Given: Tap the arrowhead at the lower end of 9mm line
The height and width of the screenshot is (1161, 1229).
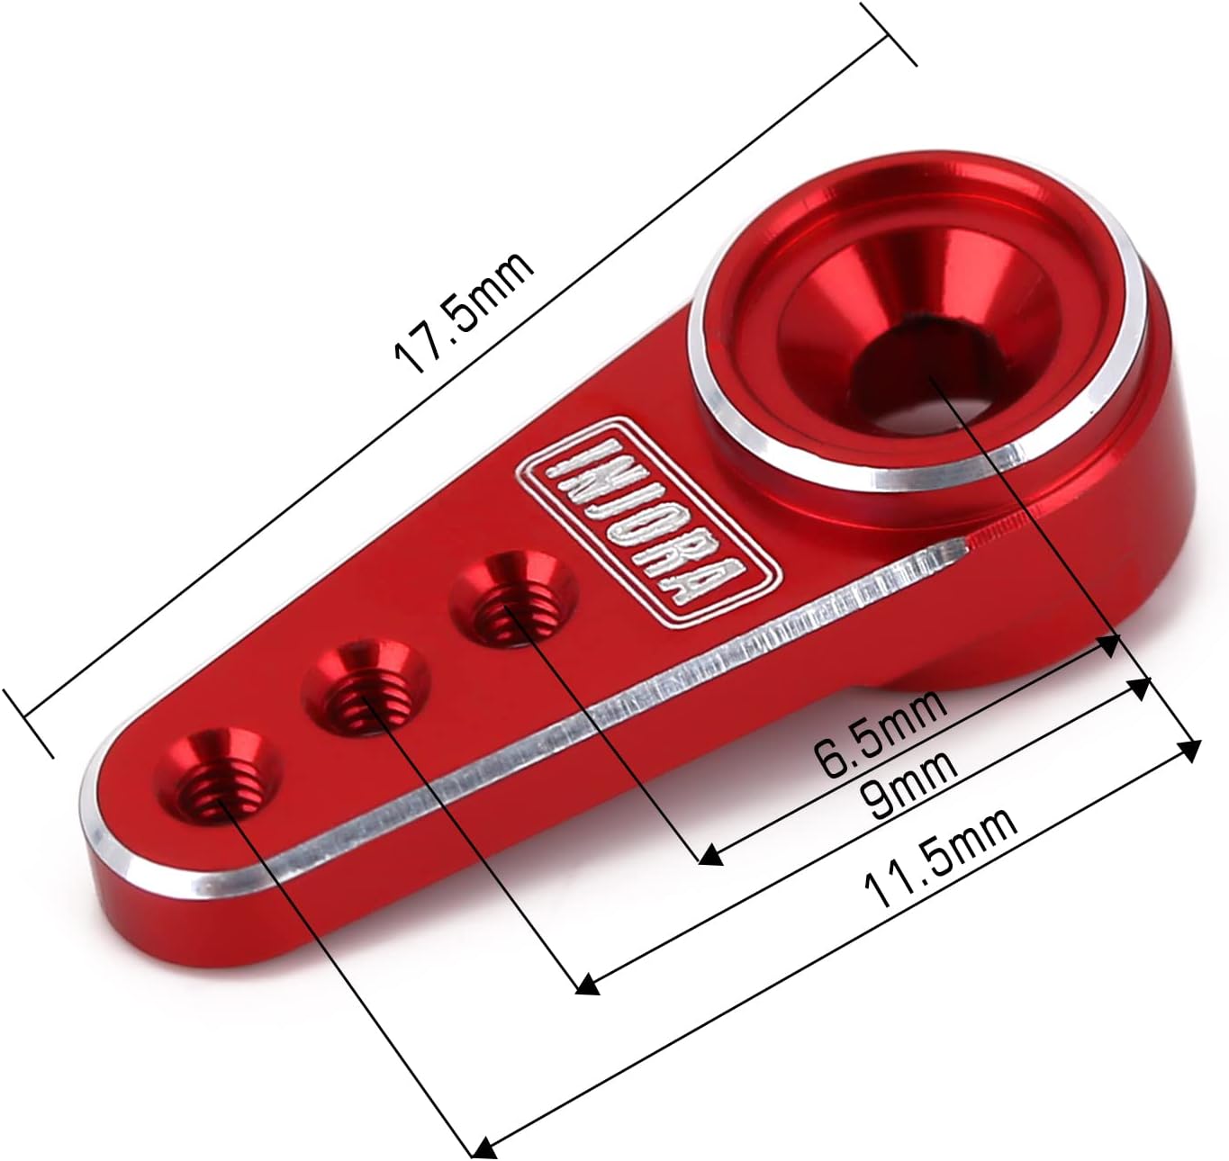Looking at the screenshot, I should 588,985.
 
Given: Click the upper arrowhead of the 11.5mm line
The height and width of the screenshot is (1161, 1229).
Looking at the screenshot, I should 1191,749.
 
